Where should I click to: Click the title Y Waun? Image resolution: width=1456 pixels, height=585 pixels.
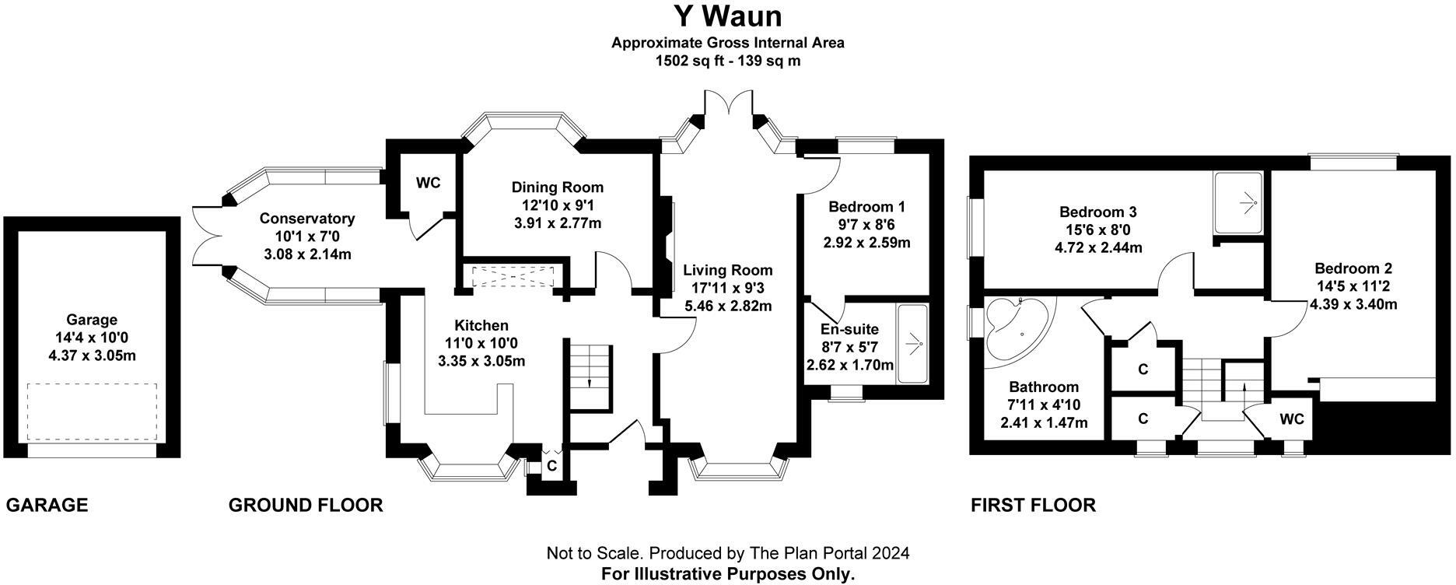click(x=727, y=16)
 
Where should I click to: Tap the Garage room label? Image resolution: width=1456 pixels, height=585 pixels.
click(x=92, y=320)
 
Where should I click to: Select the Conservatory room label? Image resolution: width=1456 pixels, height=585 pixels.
click(x=307, y=219)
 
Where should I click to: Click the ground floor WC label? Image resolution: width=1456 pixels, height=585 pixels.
click(x=428, y=183)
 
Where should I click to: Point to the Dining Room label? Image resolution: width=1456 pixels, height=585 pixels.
click(x=557, y=187)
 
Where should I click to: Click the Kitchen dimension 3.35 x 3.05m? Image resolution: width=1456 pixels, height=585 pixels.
click(x=481, y=361)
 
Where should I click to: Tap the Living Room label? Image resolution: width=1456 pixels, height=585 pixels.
click(x=728, y=271)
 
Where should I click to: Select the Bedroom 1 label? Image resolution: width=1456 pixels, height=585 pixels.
click(x=866, y=207)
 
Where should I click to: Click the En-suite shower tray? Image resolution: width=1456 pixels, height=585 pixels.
click(x=913, y=343)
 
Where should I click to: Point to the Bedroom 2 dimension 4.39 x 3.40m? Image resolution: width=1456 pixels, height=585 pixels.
click(x=1353, y=304)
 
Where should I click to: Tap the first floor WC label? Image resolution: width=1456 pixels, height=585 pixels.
click(x=1292, y=419)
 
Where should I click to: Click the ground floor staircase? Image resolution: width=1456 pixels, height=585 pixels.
click(x=589, y=375)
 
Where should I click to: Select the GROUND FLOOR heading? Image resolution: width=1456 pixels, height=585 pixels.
click(x=306, y=506)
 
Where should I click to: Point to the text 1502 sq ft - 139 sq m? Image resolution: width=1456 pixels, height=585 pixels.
click(x=727, y=60)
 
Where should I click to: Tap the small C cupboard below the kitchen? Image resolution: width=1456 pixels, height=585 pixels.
click(x=551, y=466)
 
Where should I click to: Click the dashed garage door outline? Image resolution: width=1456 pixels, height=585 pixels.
click(x=92, y=412)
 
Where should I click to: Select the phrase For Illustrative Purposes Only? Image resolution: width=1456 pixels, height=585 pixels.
click(x=727, y=574)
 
